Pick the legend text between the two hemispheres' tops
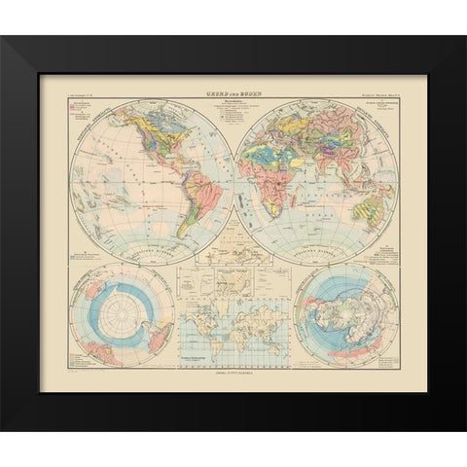tap(233, 107)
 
